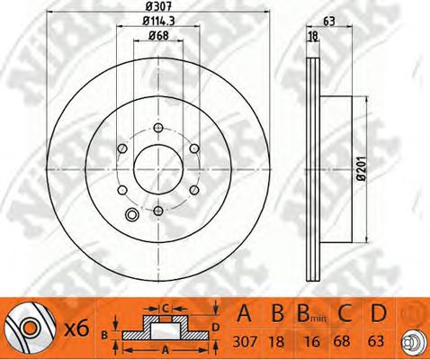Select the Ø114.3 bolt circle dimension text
click(158, 21)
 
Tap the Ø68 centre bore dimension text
click(158, 35)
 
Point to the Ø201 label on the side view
click(362, 168)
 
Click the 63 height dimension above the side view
click(329, 22)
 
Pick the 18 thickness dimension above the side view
click(313, 36)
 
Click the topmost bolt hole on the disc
click(158, 128)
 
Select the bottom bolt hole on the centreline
click(158, 211)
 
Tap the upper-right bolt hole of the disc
click(194, 148)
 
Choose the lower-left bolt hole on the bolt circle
click(122, 190)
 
